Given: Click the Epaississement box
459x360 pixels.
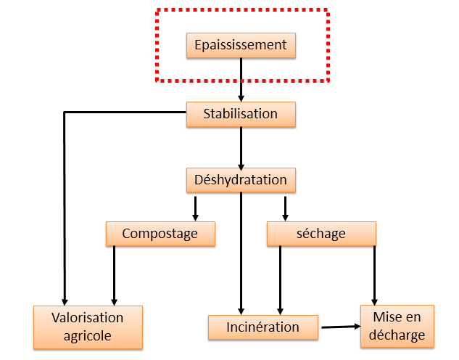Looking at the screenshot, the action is (x=241, y=46).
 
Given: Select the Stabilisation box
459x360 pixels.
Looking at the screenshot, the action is (x=241, y=114).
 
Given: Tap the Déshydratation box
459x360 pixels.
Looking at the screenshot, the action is (x=241, y=180).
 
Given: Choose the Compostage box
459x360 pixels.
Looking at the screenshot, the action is (x=160, y=234).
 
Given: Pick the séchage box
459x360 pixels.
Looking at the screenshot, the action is (x=321, y=234).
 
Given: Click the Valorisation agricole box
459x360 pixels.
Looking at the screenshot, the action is (x=88, y=327).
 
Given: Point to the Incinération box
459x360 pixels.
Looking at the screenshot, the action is (x=263, y=327).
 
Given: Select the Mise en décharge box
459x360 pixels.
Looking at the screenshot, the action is (x=397, y=327).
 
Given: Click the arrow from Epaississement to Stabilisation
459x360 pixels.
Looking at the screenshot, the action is (x=241, y=80).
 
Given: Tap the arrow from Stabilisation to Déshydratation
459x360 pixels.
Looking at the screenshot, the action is (x=241, y=149).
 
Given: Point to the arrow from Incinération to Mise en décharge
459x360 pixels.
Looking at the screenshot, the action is (x=341, y=327).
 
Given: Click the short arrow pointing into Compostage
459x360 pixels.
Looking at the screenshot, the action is (x=195, y=208).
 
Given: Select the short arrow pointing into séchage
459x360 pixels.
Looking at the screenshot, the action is (x=285, y=208).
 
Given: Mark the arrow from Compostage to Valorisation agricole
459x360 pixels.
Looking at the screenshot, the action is (x=114, y=276).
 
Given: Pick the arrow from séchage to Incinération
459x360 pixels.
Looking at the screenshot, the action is (x=280, y=281).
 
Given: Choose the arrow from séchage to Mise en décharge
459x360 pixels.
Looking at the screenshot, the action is (x=374, y=276).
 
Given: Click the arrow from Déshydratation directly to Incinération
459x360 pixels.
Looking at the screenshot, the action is (x=241, y=254).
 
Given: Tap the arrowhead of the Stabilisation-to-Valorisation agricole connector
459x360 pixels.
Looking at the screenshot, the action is (x=65, y=302).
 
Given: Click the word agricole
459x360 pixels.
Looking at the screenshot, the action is (x=88, y=336).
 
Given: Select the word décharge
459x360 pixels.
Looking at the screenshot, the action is (x=397, y=335).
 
